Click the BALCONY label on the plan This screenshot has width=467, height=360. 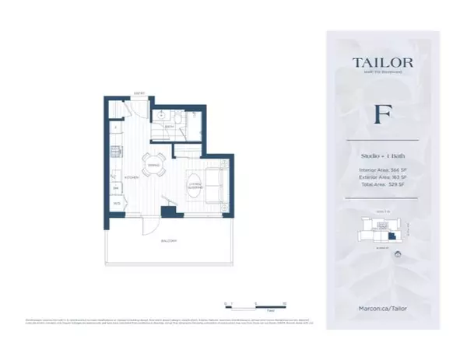coord(161,243)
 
